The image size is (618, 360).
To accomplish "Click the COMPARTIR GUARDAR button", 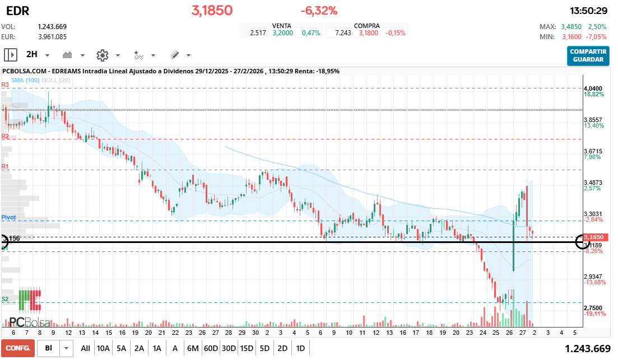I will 588,55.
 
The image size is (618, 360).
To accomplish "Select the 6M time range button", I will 193,348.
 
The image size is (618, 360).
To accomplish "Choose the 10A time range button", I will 103,348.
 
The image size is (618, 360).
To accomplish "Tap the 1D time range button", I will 300,348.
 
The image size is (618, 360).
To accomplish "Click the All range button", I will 85,348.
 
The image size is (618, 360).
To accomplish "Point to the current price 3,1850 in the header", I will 212,11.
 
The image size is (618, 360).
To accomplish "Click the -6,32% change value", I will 319,11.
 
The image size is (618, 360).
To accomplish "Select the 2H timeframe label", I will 32,55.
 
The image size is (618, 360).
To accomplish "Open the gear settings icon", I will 102,55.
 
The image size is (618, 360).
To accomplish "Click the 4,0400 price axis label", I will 593,88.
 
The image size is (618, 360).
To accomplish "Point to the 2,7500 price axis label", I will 593,308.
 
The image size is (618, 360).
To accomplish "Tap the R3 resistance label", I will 5,85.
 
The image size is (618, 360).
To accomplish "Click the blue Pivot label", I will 8,217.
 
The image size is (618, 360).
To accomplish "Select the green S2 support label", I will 5,299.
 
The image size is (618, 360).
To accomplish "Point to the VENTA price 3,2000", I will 282,33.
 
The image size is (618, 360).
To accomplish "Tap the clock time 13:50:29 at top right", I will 588,11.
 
